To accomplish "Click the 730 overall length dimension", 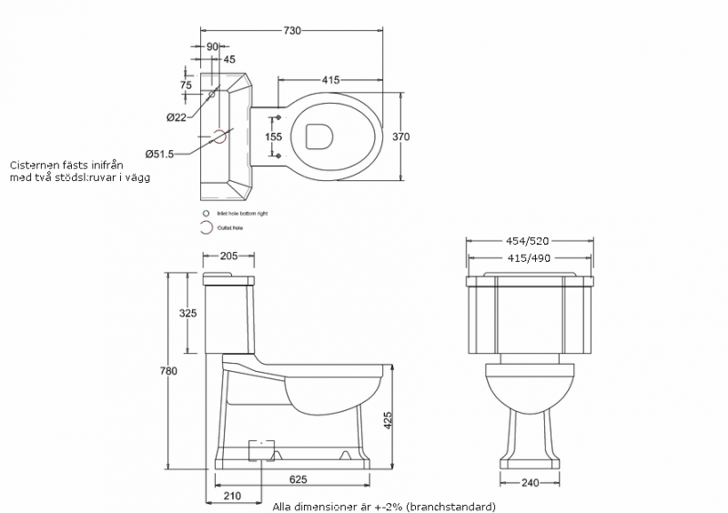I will (292, 31).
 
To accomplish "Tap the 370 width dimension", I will (400, 136).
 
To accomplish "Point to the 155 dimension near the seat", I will (274, 136).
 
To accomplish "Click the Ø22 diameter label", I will (177, 116).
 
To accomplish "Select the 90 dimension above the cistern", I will (211, 45).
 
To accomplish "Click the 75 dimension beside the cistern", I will (186, 85).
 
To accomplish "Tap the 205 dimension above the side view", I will (228, 256).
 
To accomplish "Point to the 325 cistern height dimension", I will (188, 313).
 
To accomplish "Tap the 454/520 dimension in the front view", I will (530, 242).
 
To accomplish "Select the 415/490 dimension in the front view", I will (530, 258).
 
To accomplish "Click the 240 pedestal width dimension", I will (530, 484).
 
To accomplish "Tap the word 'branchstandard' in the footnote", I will (452, 506).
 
